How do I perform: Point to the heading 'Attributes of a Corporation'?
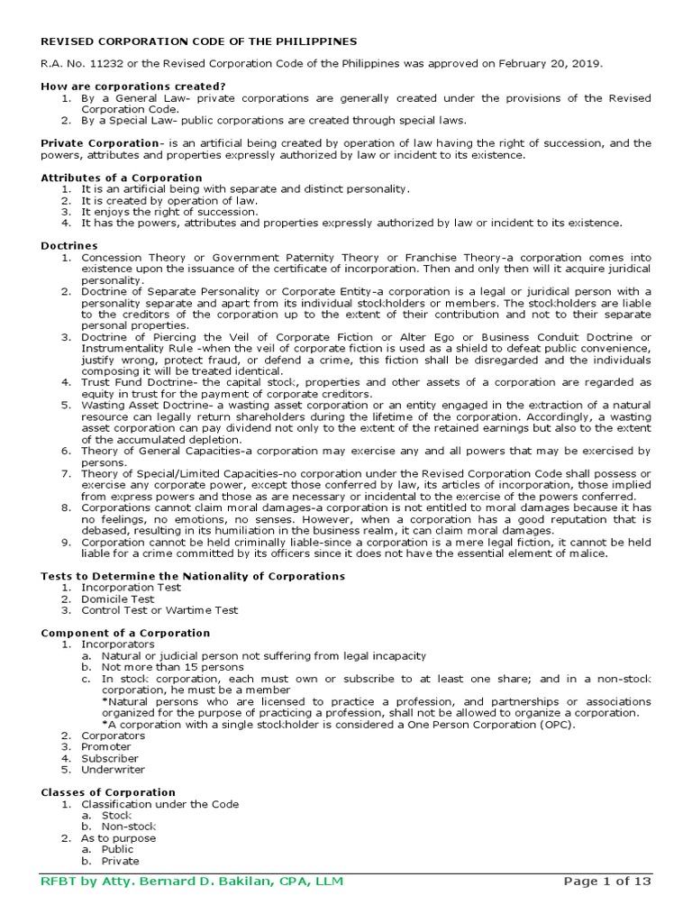coord(122,178)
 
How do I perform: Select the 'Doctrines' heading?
coord(69,245)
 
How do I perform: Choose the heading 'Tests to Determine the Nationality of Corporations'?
coord(193,576)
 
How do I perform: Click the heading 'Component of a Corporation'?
coord(125,633)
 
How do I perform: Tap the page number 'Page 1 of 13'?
coord(606,881)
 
